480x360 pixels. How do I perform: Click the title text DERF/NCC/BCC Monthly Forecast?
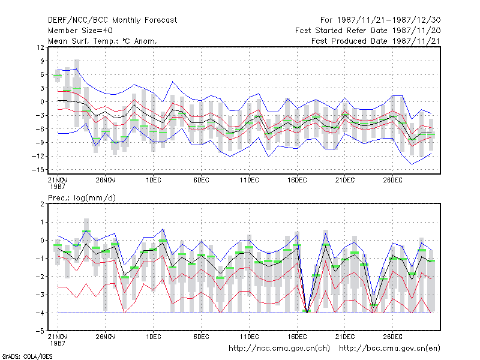(112, 20)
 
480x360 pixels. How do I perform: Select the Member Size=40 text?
(80, 31)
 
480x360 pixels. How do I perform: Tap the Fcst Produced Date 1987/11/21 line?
(376, 41)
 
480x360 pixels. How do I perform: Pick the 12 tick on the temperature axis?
(40, 47)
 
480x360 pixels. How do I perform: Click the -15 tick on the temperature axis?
(38, 170)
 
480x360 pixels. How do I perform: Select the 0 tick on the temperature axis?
(42, 101)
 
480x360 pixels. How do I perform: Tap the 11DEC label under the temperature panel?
(249, 180)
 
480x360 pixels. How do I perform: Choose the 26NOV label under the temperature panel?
(106, 180)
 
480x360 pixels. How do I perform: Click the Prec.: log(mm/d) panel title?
(82, 198)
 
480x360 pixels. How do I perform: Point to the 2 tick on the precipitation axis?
(42, 204)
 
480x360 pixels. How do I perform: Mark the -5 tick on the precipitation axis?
(40, 331)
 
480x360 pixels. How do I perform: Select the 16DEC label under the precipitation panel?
(297, 337)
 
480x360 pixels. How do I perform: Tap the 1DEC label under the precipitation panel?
(154, 337)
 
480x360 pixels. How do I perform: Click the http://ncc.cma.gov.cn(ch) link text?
(279, 349)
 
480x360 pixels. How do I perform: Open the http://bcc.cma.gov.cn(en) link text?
(389, 349)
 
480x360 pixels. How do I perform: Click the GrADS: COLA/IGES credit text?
(27, 356)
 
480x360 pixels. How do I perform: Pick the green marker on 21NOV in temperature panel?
(58, 76)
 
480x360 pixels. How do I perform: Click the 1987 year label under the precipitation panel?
(58, 343)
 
